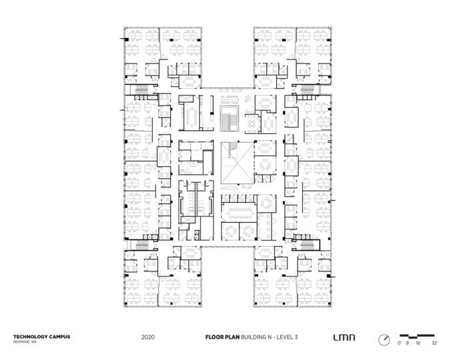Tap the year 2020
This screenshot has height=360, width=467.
click(148, 338)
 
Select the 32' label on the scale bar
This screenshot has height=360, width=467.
click(435, 343)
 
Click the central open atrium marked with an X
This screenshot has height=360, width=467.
click(234, 163)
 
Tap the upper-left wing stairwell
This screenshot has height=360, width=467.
click(141, 89)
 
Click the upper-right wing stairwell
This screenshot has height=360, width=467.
click(308, 89)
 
